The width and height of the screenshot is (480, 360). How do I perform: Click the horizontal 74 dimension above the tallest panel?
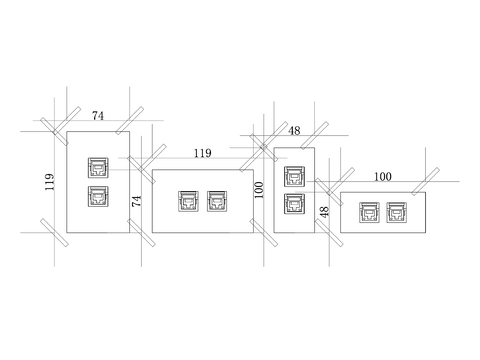pos(98,116)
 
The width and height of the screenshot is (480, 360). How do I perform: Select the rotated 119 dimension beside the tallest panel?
pos(49,181)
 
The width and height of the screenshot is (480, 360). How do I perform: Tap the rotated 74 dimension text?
pos(137,201)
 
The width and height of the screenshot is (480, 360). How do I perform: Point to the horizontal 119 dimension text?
pos(202,153)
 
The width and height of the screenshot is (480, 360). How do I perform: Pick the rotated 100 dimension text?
pos(259,190)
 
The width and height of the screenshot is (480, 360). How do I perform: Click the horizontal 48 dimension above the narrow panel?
pos(294,131)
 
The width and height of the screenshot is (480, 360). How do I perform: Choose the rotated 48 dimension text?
pos(324,213)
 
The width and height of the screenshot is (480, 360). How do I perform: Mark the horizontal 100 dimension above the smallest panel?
pos(383,176)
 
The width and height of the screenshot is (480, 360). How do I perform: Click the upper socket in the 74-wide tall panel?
pos(98,166)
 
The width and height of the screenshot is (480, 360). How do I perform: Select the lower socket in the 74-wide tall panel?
pos(98,195)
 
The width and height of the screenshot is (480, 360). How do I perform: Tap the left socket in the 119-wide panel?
pos(188,202)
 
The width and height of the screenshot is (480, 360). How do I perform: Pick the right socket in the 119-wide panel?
pos(217,202)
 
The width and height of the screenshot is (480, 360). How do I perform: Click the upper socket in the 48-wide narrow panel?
pos(294,177)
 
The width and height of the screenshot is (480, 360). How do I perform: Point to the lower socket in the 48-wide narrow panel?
pos(294,204)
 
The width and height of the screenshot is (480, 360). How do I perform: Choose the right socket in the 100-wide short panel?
pos(397,212)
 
